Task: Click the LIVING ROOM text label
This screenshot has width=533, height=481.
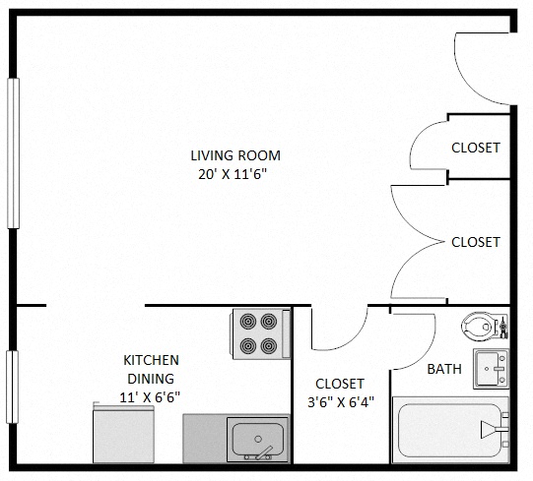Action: (x=235, y=155)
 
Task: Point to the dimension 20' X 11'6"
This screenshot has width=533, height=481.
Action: (x=235, y=175)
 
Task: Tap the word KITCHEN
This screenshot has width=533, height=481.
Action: (x=151, y=360)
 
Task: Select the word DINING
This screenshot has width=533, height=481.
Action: (x=151, y=378)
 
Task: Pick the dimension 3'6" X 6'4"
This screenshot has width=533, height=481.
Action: (x=340, y=401)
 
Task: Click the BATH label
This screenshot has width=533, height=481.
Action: (x=444, y=370)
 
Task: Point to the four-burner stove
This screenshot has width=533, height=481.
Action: (x=260, y=333)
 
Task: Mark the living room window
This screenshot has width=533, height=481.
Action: (x=13, y=152)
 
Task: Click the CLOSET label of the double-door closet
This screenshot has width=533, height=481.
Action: (x=476, y=242)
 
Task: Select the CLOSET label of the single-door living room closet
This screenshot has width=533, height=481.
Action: (x=476, y=149)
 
